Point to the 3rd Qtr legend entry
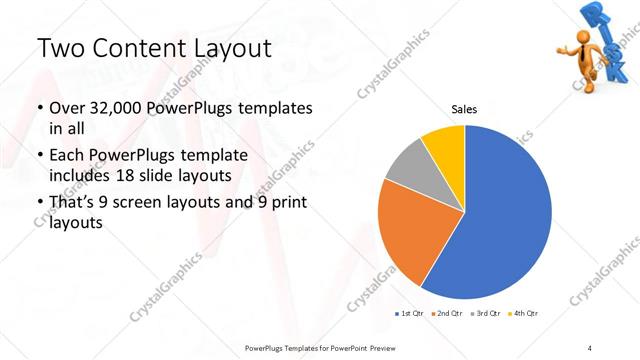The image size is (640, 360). [x=486, y=314]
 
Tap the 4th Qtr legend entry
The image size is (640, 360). [x=522, y=314]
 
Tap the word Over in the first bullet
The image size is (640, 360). [x=67, y=108]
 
